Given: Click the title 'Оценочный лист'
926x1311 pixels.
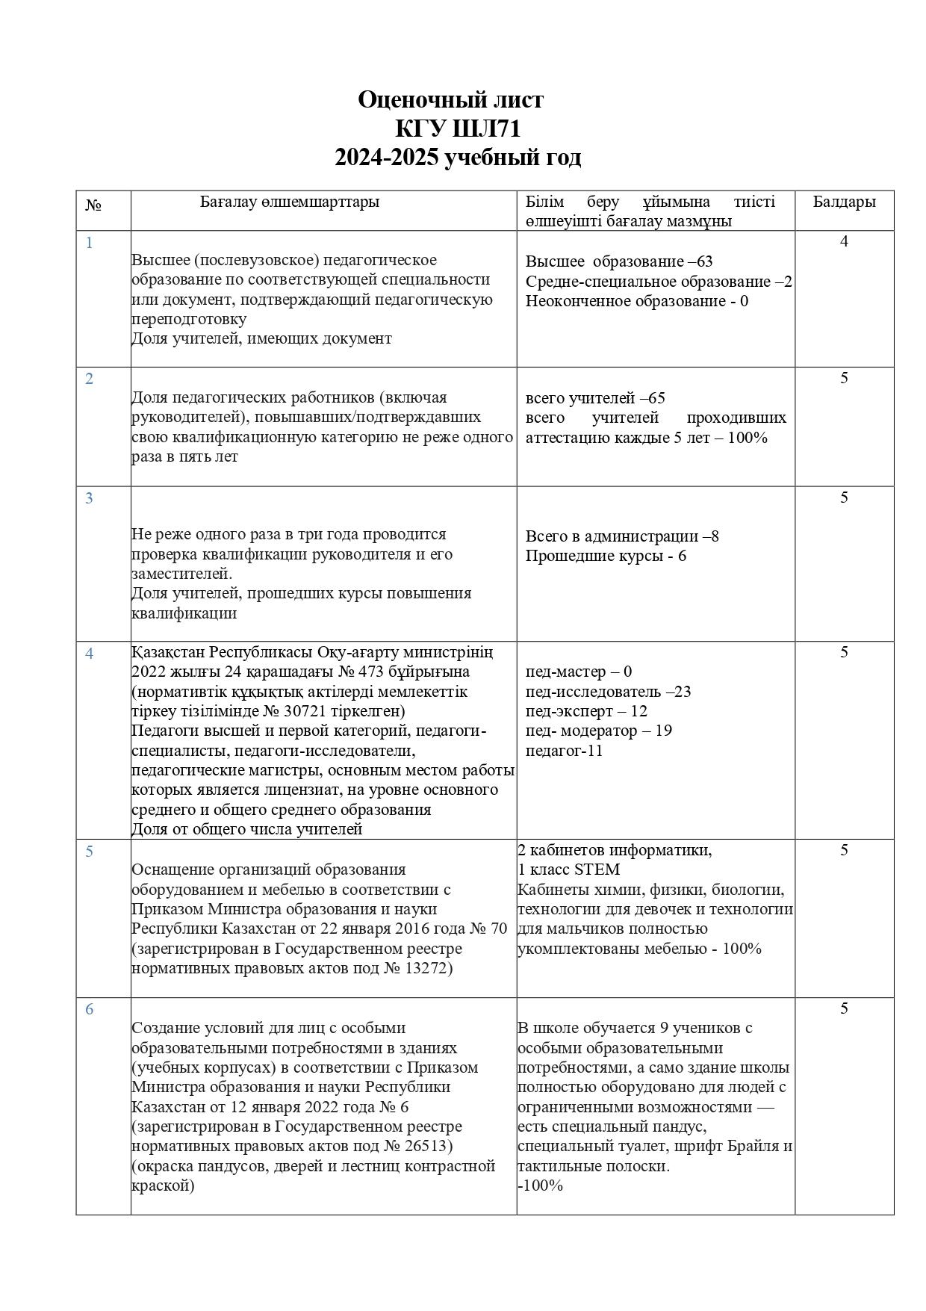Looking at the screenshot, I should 450,99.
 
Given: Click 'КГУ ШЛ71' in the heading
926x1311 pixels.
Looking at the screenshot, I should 457,128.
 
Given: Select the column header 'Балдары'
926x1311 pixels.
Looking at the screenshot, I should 844,202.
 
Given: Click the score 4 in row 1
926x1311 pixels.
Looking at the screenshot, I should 844,241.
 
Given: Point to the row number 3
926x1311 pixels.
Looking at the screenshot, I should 89,498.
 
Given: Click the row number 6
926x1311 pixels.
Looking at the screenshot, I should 89,1009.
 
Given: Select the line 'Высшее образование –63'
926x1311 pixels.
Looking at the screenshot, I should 618,261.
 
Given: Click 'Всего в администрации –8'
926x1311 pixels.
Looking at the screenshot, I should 621,536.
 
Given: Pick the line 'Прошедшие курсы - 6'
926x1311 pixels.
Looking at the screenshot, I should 605,556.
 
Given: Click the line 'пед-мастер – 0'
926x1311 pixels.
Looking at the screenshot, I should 578,672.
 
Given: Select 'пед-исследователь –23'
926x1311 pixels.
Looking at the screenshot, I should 607,692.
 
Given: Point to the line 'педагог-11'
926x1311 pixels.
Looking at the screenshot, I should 563,751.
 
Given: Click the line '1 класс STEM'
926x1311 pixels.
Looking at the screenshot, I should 568,870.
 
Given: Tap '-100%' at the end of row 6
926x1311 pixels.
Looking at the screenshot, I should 539,1186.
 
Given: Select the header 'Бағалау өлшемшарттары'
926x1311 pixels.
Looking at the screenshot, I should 289,202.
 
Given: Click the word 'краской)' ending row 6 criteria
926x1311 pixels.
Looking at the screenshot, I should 162,1186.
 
